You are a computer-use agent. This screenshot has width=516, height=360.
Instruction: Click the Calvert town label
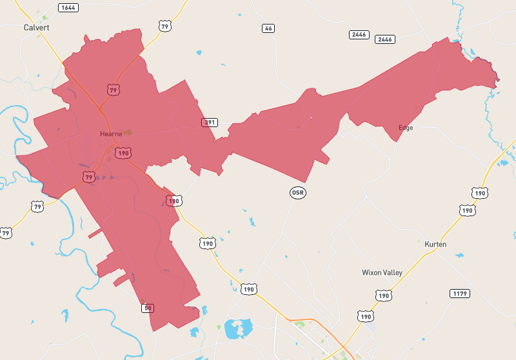[36, 28]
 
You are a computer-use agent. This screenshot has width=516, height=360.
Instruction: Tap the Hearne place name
[111, 134]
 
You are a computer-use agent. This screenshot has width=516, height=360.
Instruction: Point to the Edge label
[406, 128]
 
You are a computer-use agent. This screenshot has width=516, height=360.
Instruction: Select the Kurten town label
[435, 245]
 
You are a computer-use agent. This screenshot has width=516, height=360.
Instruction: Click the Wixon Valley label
[382, 273]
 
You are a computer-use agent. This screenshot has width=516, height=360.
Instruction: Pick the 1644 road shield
[67, 8]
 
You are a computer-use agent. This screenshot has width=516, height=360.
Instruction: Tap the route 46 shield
[268, 28]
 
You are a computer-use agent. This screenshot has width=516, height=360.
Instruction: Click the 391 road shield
[209, 123]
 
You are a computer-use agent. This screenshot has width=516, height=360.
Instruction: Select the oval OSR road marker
[297, 193]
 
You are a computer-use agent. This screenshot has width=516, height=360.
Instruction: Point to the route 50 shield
[148, 308]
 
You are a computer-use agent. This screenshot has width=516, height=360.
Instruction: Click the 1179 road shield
[459, 294]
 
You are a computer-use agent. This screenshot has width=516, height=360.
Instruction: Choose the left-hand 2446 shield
[359, 34]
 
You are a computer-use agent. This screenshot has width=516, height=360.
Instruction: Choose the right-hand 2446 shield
[385, 39]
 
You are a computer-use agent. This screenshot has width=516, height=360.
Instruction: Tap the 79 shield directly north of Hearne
[114, 90]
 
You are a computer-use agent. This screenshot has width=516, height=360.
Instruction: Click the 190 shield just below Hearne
[123, 153]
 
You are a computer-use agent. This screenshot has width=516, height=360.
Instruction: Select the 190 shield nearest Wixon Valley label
[384, 295]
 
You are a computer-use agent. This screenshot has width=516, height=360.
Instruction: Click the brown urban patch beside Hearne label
[127, 132]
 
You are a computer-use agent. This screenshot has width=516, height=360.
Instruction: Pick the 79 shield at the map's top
[165, 26]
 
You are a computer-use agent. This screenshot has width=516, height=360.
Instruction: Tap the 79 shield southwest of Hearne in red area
[89, 176]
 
